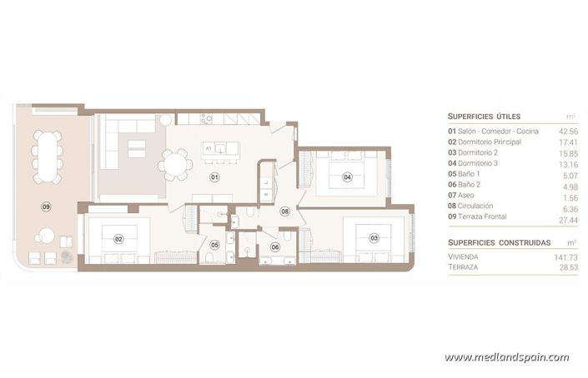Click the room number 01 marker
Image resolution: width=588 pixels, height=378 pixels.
point(214,177)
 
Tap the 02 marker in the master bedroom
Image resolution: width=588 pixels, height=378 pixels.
point(118,239)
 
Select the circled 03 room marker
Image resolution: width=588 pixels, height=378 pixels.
point(374,238)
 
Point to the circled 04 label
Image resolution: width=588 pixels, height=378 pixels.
point(347,176)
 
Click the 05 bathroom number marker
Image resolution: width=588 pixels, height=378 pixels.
point(214,245)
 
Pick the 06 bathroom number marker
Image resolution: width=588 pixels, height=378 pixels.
point(275,246)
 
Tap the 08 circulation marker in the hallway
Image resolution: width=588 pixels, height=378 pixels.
point(284,211)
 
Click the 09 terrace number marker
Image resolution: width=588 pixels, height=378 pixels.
point(46,206)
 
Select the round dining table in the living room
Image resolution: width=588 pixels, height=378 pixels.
point(175,163)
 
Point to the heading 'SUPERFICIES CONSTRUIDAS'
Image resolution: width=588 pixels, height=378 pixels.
point(499,242)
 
